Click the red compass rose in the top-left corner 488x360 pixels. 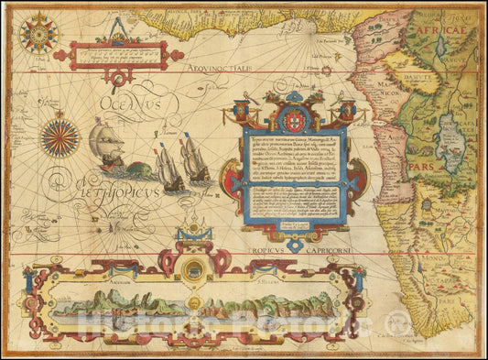(38, 34)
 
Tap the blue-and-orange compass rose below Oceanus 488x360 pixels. (60, 139)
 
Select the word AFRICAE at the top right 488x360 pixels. (447, 30)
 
